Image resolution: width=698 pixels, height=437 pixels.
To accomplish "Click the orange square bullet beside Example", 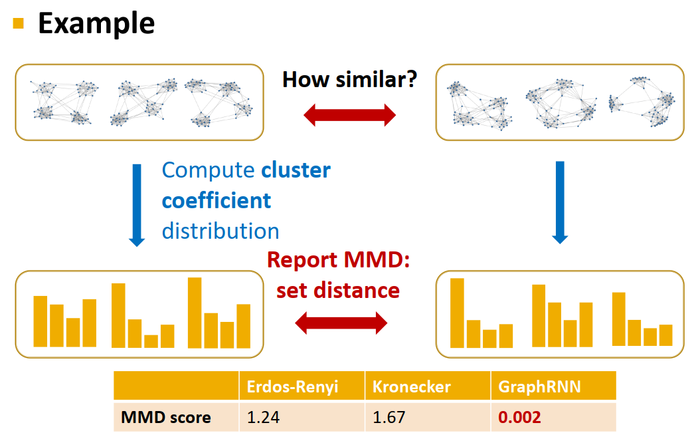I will (18, 24).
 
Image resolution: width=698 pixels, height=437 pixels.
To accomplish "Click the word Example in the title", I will (96, 23).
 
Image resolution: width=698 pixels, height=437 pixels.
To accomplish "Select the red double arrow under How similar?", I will (349, 116).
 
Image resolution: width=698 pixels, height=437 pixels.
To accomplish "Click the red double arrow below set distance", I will (341, 324).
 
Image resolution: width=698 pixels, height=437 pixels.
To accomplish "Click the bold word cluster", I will (296, 170).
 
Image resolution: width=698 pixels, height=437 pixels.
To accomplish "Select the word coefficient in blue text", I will (217, 200).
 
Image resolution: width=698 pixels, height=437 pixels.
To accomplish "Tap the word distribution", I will (220, 231).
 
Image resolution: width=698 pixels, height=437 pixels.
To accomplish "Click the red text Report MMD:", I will (339, 260).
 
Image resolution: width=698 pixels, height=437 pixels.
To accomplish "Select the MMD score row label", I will (166, 418).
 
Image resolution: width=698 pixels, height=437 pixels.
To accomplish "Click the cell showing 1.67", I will (388, 418).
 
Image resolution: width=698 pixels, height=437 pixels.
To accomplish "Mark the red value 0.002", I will (519, 418).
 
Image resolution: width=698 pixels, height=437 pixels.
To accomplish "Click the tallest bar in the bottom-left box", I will (195, 313).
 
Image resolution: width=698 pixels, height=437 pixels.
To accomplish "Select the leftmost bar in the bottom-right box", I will (457, 313).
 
